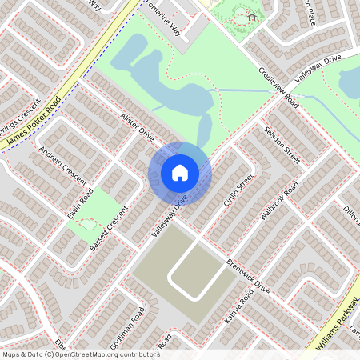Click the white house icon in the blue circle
pos(180,173)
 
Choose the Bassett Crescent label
pos(109,230)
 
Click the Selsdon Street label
pos(282,144)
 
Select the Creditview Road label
pos(278,88)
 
